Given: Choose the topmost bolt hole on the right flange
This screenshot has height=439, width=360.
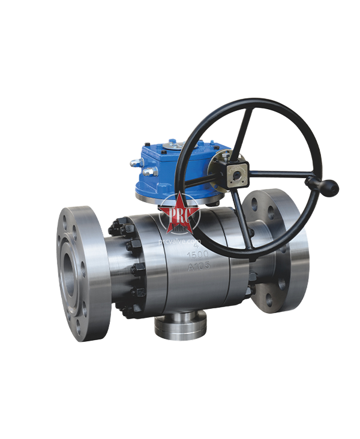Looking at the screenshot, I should coord(265,199).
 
